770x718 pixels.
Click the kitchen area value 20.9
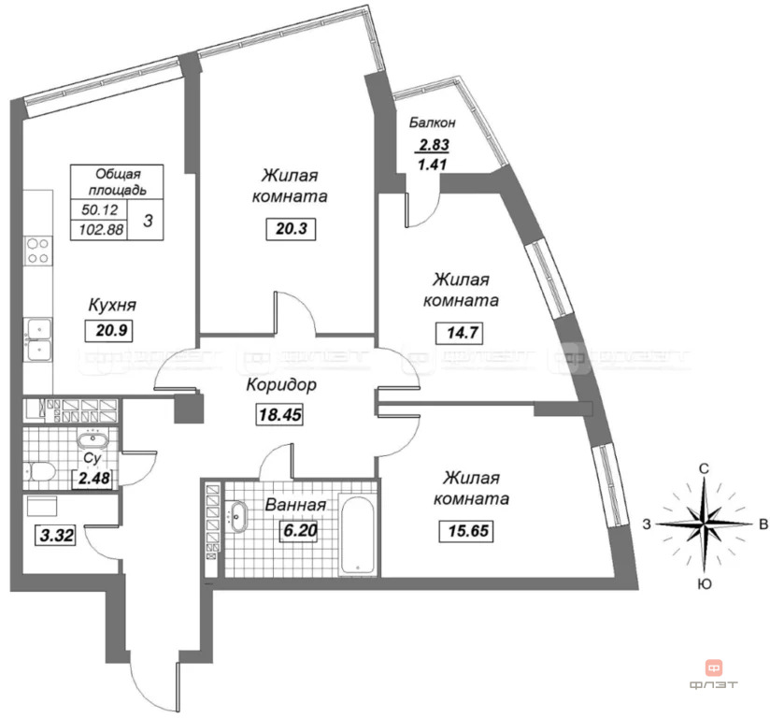111,330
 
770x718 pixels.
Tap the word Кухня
112,305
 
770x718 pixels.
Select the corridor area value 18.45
280,414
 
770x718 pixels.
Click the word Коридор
281,385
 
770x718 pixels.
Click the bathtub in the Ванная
358,537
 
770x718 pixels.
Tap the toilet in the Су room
39,472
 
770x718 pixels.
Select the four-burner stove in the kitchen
37,251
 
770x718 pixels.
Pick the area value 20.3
291,229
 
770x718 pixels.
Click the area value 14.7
462,333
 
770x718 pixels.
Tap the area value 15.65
467,531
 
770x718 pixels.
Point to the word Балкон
433,122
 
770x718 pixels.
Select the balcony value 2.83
434,145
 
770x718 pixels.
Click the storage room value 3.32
57,535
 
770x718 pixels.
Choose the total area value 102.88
101,229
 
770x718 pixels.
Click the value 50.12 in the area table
100,209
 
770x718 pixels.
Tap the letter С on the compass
705,468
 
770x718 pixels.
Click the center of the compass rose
705,524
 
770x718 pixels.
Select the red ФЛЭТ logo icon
714,668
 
